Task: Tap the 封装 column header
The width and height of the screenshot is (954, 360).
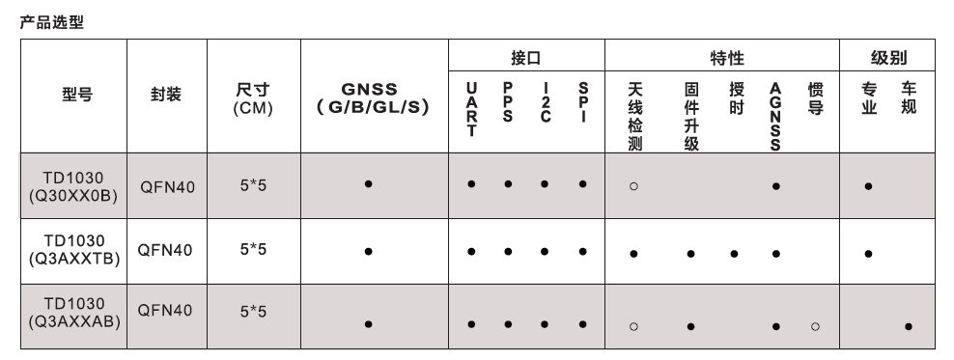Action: point(166,97)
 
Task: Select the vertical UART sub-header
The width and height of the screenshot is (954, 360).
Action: point(470,109)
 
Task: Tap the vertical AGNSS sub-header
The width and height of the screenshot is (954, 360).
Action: point(775,117)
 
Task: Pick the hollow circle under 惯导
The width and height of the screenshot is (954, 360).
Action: point(816,326)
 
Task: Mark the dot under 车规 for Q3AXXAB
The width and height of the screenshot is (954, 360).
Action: point(908,327)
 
